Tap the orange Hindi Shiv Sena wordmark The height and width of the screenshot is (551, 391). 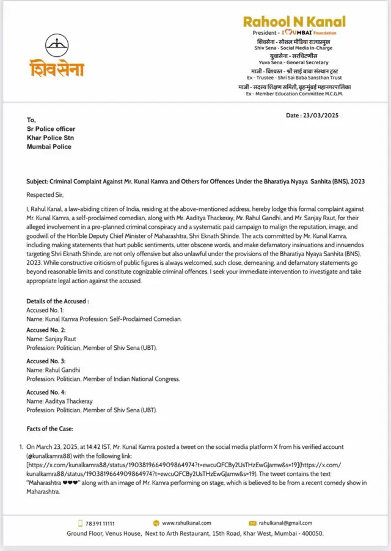pos(57,68)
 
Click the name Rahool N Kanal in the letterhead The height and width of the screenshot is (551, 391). pos(294,21)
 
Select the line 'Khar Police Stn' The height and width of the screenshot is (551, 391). pos(50,138)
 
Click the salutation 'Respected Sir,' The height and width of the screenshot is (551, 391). pos(46,194)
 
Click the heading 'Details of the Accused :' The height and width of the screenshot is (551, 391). pos(57,301)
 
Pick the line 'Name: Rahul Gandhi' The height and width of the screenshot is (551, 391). pos(54,369)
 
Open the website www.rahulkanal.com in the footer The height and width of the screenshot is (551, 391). pos(186,523)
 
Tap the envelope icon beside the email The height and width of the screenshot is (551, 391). pos(252,523)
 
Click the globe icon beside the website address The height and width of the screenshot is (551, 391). pos(156,523)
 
